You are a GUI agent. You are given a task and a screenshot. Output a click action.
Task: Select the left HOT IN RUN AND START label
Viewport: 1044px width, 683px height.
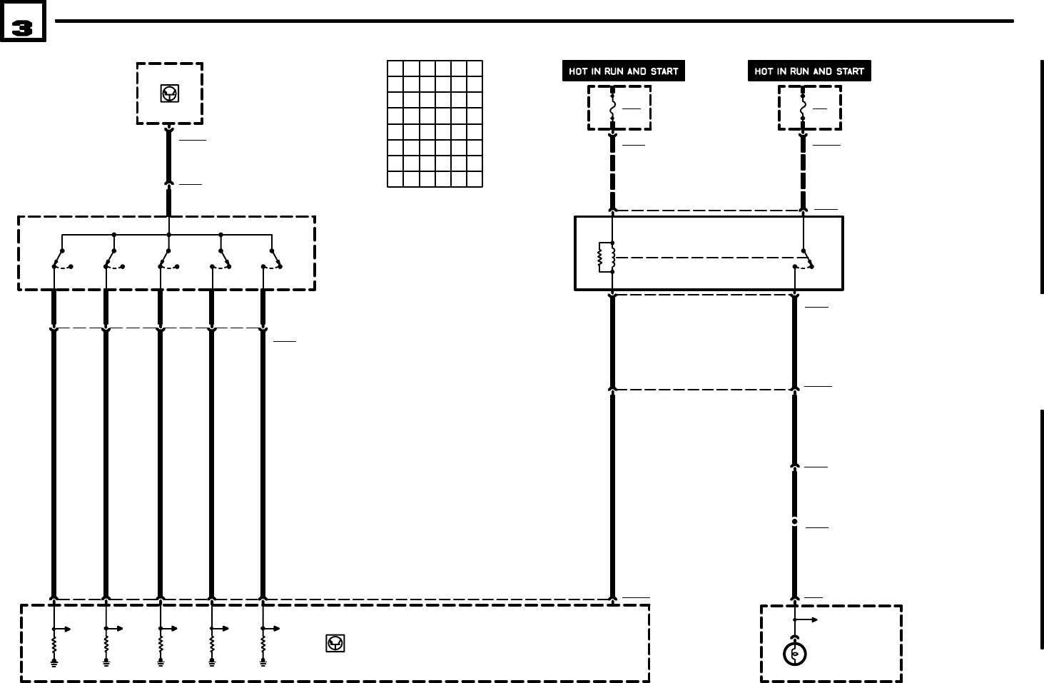(x=623, y=71)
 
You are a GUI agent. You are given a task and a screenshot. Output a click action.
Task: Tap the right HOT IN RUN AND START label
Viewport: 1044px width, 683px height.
(x=809, y=71)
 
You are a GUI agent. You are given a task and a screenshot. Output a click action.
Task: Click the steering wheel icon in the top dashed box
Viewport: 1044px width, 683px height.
(x=169, y=93)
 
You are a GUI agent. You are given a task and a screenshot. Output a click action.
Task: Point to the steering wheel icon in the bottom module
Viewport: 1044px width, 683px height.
(x=335, y=643)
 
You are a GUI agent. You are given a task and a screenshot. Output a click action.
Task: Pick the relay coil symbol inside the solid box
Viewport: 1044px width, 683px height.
(x=606, y=258)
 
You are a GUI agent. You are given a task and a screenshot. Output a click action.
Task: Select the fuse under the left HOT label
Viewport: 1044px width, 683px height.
(x=612, y=108)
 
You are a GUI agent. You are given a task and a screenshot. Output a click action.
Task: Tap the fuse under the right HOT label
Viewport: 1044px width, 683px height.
(x=803, y=108)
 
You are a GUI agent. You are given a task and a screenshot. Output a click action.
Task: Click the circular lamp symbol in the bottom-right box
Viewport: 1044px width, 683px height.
(x=794, y=654)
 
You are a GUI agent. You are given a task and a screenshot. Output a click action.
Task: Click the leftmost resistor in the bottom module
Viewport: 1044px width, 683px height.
(x=54, y=644)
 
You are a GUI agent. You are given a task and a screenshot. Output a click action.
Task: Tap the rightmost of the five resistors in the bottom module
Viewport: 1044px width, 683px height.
(x=263, y=644)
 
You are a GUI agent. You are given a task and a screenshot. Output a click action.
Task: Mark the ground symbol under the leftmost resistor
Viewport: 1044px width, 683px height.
(x=54, y=663)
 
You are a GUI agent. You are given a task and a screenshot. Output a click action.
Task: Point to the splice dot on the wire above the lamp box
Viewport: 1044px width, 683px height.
(x=794, y=522)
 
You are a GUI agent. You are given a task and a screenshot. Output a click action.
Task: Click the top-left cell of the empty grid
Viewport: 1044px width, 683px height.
(x=395, y=69)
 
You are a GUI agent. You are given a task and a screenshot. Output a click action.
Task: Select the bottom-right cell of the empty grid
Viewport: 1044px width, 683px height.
(x=475, y=179)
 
